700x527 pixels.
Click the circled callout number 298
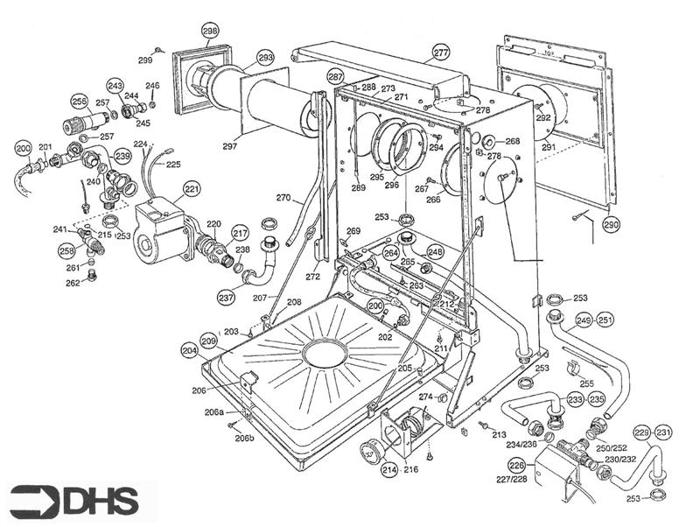click(x=209, y=31)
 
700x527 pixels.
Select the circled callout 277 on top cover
click(x=440, y=53)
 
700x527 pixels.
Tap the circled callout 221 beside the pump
click(x=192, y=188)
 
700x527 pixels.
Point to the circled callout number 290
click(x=611, y=225)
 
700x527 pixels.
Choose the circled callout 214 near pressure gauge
click(x=388, y=471)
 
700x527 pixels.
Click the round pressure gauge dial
click(x=372, y=453)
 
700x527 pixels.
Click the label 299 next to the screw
click(x=145, y=60)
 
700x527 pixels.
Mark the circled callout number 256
click(x=79, y=102)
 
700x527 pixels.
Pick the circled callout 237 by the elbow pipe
click(x=227, y=298)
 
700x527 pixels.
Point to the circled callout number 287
click(x=336, y=76)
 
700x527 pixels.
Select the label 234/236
click(x=521, y=445)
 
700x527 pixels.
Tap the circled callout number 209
click(x=208, y=340)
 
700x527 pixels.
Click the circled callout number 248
click(x=435, y=251)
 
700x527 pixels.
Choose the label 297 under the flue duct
click(x=230, y=146)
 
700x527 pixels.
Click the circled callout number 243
click(x=115, y=86)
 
